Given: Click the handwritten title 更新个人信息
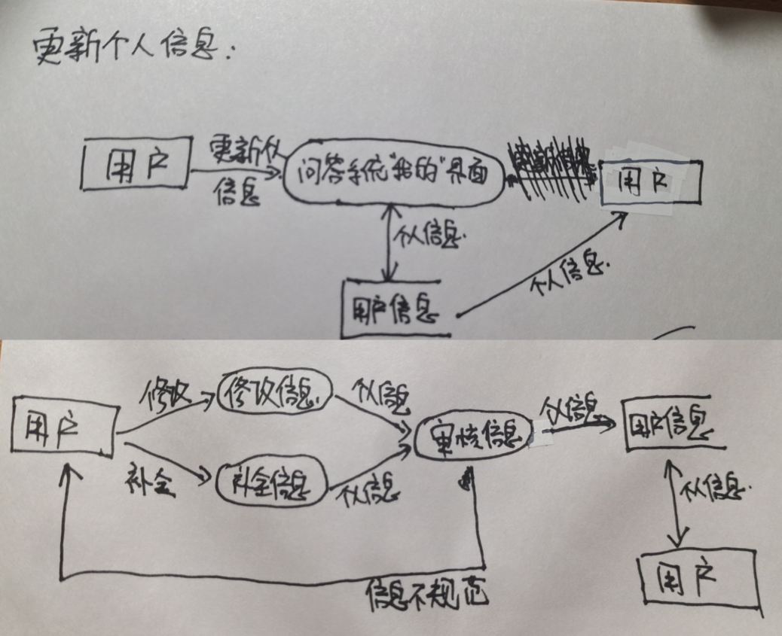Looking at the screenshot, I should pyautogui.click(x=136, y=50).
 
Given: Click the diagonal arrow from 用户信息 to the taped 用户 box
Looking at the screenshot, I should pyautogui.click(x=542, y=263).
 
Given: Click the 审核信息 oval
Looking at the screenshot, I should pyautogui.click(x=472, y=435).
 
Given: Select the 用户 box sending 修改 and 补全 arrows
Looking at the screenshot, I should pyautogui.click(x=63, y=428).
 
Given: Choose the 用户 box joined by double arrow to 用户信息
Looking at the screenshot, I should pyautogui.click(x=697, y=578).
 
